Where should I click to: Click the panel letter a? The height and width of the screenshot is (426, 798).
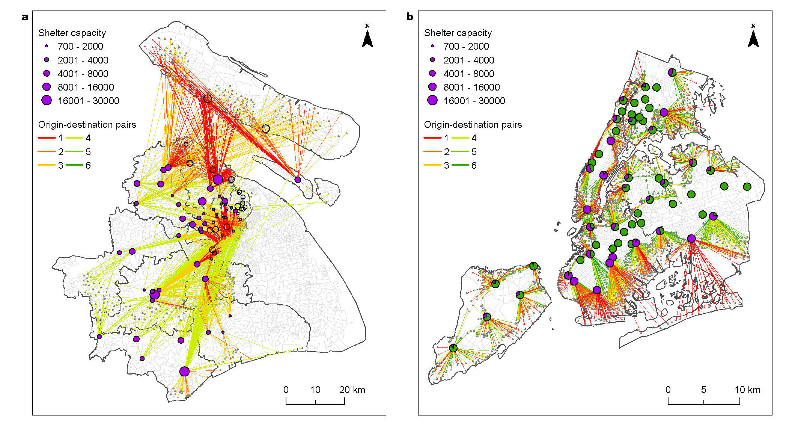click(x=25, y=17)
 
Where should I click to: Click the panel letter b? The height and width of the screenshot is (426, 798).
click(x=410, y=17)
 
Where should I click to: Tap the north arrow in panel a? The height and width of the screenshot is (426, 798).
click(x=367, y=38)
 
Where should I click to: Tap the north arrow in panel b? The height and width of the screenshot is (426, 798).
click(x=753, y=38)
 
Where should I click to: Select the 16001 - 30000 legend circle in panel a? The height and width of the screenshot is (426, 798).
click(x=47, y=100)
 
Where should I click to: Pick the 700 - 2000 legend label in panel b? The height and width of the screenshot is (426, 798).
click(x=466, y=46)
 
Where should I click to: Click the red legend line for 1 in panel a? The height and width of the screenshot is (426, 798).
click(x=47, y=138)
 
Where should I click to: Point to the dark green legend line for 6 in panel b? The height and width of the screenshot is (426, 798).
click(x=460, y=165)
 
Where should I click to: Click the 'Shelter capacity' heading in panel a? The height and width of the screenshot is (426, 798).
click(x=72, y=33)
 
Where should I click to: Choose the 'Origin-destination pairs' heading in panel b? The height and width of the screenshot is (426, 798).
click(x=473, y=125)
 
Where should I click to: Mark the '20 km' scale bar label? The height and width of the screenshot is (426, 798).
click(x=352, y=390)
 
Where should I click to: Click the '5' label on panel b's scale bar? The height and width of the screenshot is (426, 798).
click(x=703, y=390)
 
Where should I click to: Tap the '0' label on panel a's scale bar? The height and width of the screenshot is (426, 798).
click(x=286, y=390)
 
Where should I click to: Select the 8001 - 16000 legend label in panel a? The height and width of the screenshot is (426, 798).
click(x=86, y=87)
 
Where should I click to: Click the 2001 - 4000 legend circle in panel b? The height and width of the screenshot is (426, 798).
click(x=432, y=60)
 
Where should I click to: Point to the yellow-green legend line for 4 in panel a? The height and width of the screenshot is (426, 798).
click(x=74, y=138)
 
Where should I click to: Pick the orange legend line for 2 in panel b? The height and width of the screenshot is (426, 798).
click(x=432, y=151)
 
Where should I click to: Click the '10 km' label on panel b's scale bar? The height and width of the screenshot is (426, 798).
click(x=747, y=390)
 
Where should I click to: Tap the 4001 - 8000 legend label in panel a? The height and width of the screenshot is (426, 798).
click(x=83, y=74)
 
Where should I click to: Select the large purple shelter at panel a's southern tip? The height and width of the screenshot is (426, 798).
click(x=184, y=372)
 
